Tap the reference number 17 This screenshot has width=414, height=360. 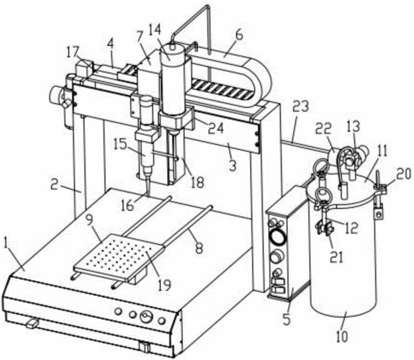pyautogui.click(x=73, y=53)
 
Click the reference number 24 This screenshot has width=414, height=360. pyautogui.click(x=215, y=128)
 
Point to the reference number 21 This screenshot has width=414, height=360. pyautogui.click(x=337, y=256)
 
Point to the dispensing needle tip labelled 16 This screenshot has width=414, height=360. pyautogui.click(x=147, y=195)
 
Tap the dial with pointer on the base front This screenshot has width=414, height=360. pyautogui.click(x=147, y=317)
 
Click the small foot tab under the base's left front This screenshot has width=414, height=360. pyautogui.click(x=32, y=323)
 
